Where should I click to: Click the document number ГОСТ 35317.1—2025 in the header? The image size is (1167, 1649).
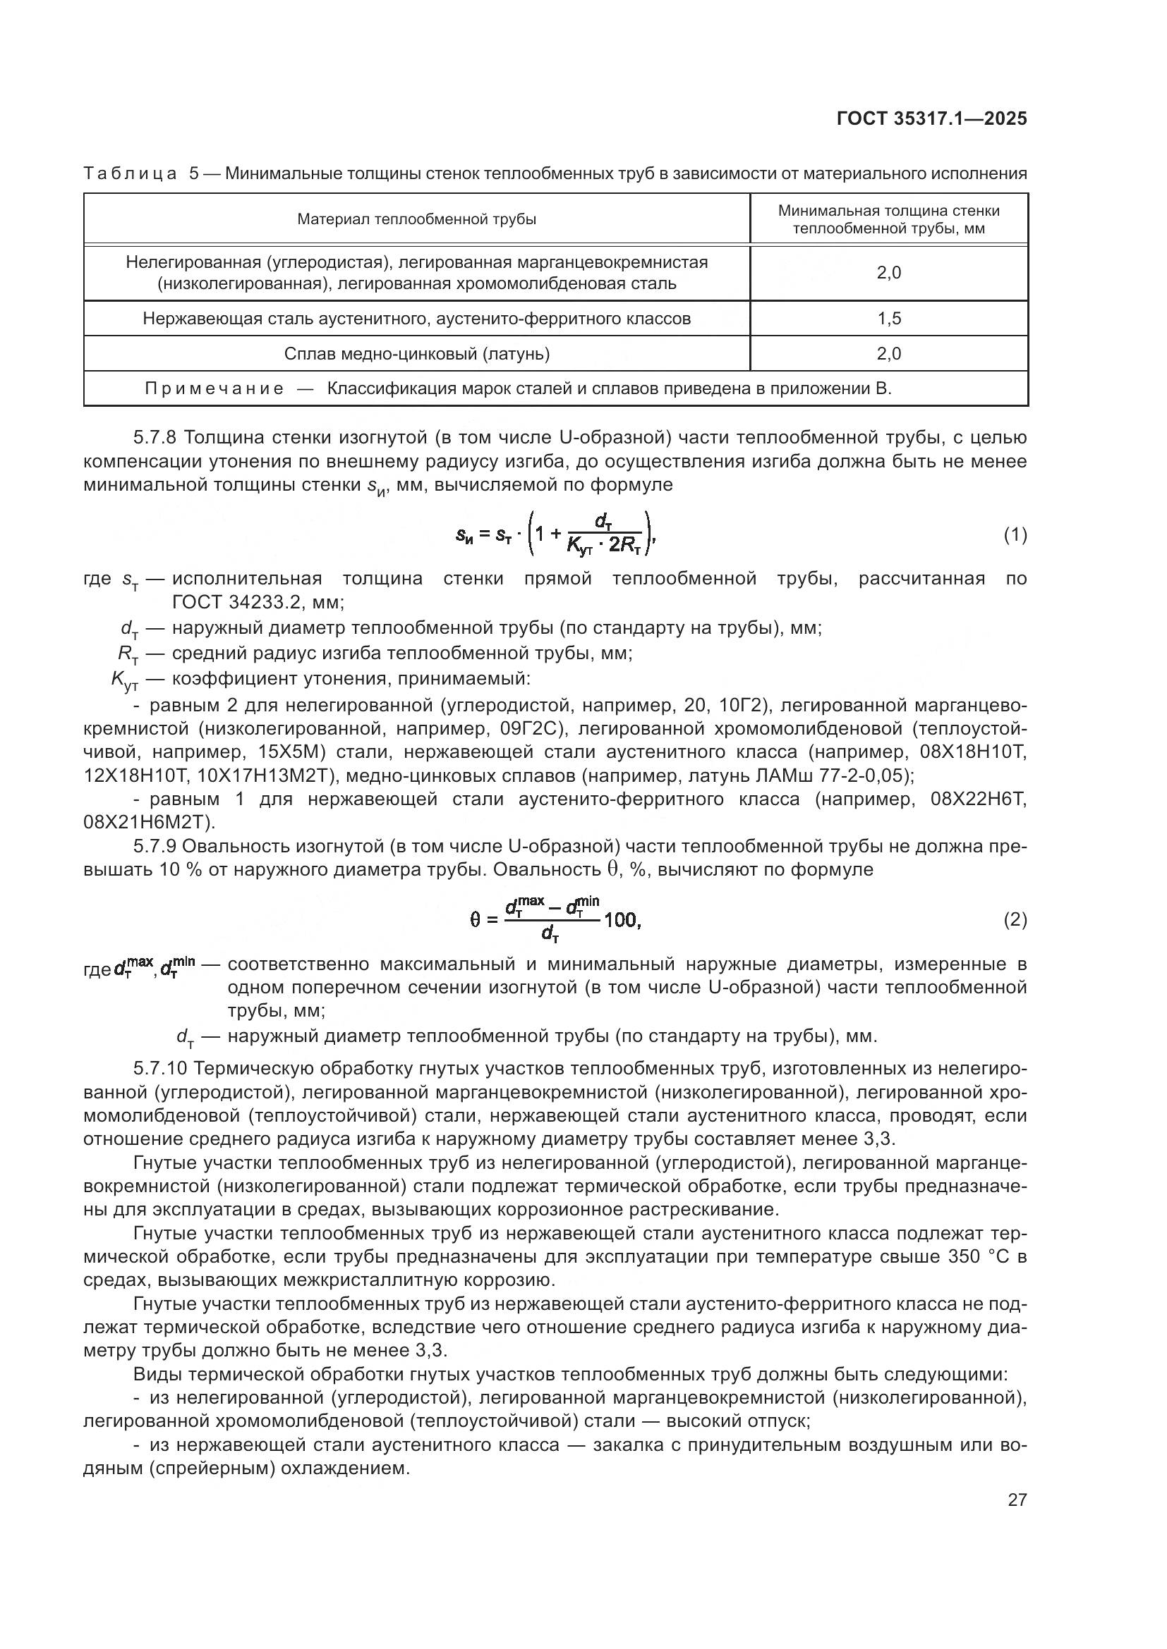pos(931,119)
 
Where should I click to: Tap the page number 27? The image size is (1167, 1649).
pos(1017,1500)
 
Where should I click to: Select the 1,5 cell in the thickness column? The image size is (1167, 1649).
pos(888,318)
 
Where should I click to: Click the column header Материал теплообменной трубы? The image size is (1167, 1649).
pos(417,219)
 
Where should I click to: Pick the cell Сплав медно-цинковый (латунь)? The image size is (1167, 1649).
pos(417,353)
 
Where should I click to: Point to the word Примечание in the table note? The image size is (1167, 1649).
pos(214,388)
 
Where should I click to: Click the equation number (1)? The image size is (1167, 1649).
pos(1015,534)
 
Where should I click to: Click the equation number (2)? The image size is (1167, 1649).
pos(1015,919)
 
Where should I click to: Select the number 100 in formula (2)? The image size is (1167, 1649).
pos(621,919)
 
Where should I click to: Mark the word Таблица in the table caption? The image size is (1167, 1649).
pos(130,173)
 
